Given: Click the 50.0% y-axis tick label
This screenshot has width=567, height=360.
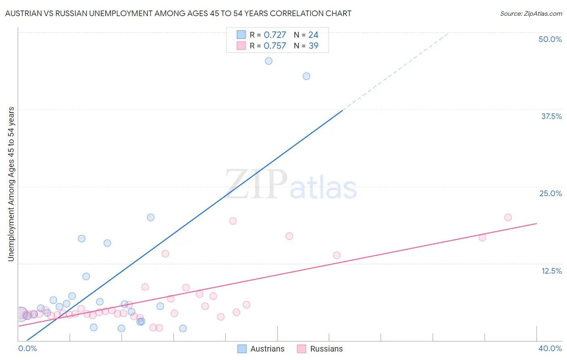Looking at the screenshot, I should (550, 39).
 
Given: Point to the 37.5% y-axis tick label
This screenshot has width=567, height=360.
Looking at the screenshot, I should (551, 116).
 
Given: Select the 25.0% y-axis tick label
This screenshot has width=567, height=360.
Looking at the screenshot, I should (550, 193).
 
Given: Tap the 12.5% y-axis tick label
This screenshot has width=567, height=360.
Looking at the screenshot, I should (551, 271).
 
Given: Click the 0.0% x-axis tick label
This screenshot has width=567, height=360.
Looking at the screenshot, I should (27, 348).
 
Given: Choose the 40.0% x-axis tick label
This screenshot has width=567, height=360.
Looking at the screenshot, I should (550, 348).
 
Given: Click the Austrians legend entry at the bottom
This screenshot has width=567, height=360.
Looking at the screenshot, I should (261, 349).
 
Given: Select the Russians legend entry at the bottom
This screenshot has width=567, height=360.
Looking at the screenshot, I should (320, 349).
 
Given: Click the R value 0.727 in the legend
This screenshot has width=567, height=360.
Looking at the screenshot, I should (275, 35).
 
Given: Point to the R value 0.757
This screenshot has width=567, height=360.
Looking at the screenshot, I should (275, 46).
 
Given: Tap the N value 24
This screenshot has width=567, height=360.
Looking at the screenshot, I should (313, 35).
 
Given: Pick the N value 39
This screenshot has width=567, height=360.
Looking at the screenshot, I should (313, 46).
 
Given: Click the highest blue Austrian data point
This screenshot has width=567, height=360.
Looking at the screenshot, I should (269, 61).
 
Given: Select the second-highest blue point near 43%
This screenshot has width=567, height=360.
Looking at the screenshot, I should (306, 76).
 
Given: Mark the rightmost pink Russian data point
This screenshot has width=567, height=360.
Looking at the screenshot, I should (508, 218).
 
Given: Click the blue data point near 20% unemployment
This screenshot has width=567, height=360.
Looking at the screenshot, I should (151, 218).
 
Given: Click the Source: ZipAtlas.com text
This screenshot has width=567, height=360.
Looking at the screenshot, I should (531, 14).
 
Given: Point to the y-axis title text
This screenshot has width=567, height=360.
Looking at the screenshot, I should (11, 184).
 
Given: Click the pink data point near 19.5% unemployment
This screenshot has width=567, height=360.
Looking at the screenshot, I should (233, 221).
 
